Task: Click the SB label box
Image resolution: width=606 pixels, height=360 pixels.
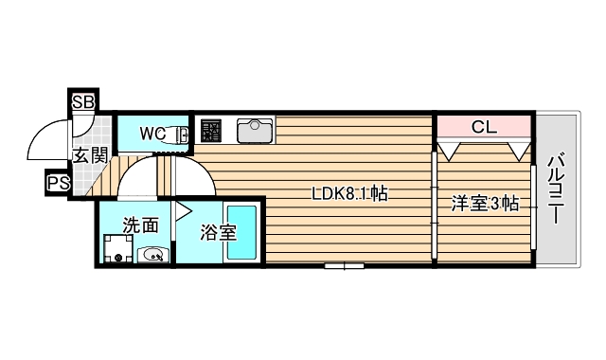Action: [x=81, y=100]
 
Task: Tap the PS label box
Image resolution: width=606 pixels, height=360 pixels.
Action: [x=58, y=182]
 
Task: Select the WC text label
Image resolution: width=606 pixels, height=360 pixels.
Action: [x=152, y=134]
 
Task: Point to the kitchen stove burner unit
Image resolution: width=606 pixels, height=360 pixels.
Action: [x=210, y=129]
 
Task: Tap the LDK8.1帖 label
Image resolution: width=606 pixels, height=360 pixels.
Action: [x=349, y=194]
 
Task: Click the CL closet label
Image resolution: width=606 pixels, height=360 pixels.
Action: [x=482, y=125]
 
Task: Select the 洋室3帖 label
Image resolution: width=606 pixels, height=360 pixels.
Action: [x=483, y=203]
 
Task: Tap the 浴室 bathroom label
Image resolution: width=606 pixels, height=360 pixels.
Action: [x=219, y=231]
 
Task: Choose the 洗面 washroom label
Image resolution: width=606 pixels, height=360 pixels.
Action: [x=140, y=226]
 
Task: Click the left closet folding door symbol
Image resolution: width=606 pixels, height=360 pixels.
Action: [x=451, y=148]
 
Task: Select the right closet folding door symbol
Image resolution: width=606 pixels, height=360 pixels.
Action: [x=517, y=148]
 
